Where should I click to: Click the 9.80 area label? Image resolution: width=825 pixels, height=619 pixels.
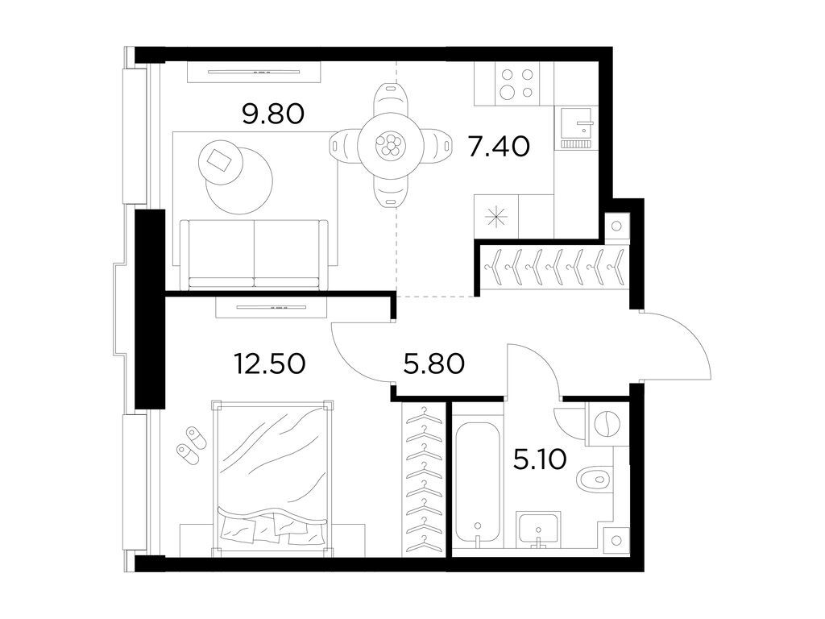click(x=273, y=114)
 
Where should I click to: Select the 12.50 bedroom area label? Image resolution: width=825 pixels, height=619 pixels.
click(x=270, y=364)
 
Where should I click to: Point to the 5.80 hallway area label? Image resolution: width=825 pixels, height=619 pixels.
click(x=433, y=364)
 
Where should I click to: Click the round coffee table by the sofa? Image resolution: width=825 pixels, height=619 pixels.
click(x=238, y=178)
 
